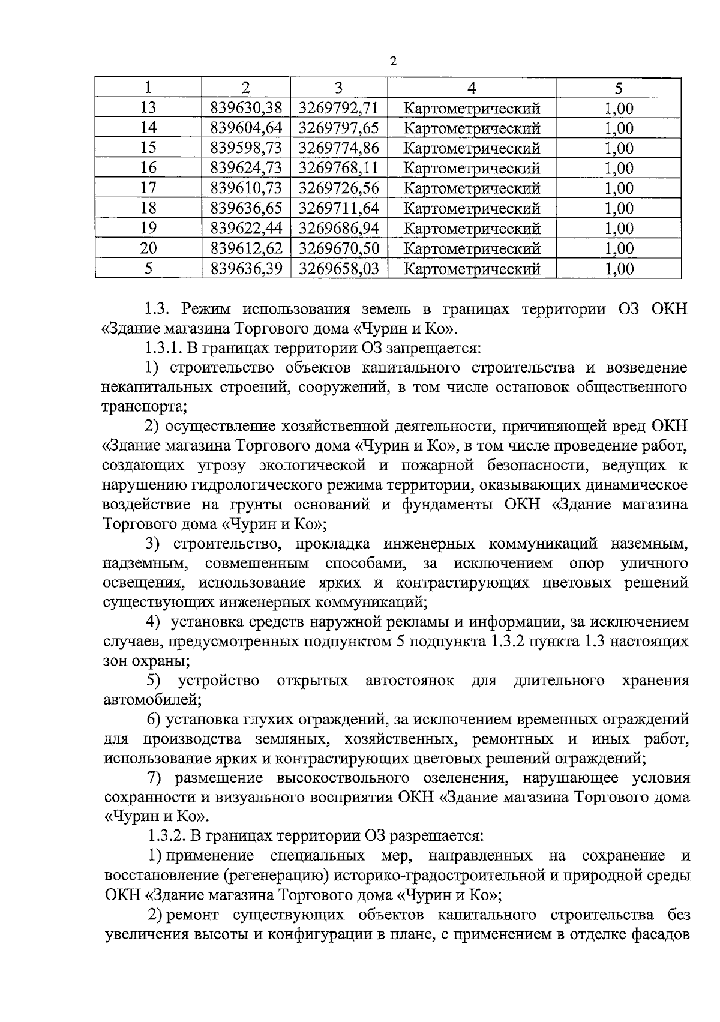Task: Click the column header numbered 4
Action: tap(472, 88)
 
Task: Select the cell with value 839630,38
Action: tap(246, 108)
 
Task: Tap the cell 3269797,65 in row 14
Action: tap(339, 128)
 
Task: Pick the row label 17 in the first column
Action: tap(148, 188)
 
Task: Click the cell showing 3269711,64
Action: tap(339, 208)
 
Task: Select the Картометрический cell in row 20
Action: tap(472, 248)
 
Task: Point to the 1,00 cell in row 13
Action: tap(618, 108)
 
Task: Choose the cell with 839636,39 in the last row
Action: tap(246, 268)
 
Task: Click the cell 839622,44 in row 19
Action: tap(246, 228)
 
